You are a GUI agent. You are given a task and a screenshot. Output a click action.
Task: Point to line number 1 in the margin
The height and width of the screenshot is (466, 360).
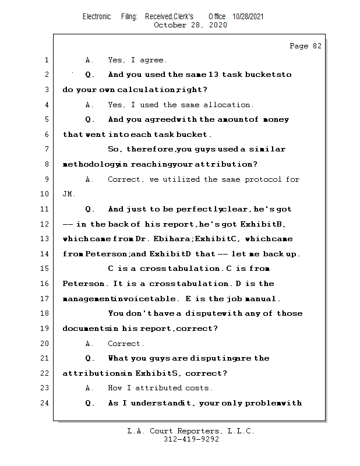point(46,60)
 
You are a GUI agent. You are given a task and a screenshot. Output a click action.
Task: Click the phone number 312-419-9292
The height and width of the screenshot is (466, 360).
point(191,440)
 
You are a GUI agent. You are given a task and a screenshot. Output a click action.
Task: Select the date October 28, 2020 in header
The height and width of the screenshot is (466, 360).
point(190,25)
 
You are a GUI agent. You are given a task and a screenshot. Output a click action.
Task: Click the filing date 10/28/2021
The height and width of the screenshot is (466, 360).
point(248,17)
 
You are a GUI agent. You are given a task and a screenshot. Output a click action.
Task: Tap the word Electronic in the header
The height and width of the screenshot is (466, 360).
point(97,17)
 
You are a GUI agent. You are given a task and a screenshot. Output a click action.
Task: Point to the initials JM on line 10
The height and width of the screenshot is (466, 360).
point(68,194)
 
